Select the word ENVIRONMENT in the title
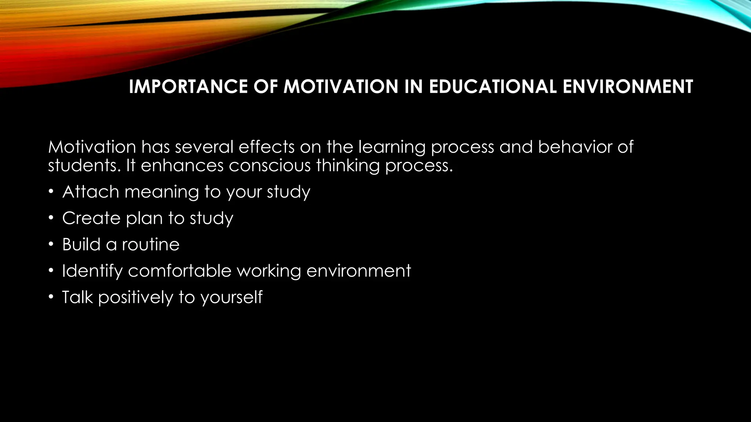coord(627,87)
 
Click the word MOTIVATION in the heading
coord(341,87)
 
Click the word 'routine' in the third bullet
coord(151,244)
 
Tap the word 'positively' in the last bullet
coord(135,297)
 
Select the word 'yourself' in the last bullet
coord(231,297)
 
